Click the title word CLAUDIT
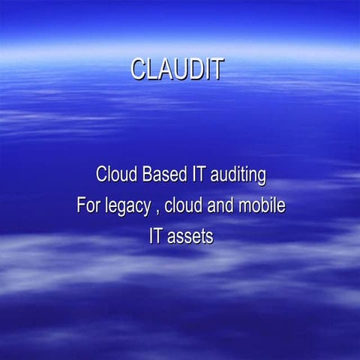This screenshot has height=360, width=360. (177, 69)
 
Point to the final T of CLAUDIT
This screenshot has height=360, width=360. (216, 69)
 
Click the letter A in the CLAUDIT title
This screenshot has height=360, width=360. (165, 69)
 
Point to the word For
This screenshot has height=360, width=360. (88, 205)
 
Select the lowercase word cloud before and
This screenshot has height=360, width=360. (184, 205)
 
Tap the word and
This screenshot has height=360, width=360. (223, 205)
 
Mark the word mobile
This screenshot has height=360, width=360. (262, 205)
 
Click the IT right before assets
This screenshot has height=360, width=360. (156, 236)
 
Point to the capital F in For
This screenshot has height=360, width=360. (81, 205)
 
